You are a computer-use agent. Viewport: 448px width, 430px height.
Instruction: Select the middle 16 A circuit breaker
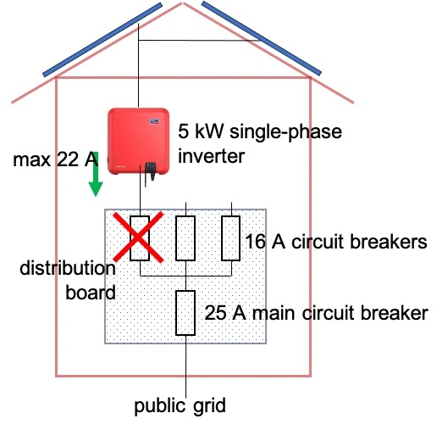point(185,238)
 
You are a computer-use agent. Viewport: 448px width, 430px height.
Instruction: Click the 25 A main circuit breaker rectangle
point(185,312)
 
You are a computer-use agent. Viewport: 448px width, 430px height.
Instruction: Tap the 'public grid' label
point(180,405)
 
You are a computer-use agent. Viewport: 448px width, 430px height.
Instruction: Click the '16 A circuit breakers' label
point(335,242)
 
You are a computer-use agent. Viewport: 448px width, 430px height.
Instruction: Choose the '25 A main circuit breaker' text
point(315,312)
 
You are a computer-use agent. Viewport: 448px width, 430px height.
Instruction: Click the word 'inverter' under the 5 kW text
point(211,156)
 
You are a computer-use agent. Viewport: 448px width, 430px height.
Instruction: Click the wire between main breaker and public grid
point(185,365)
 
